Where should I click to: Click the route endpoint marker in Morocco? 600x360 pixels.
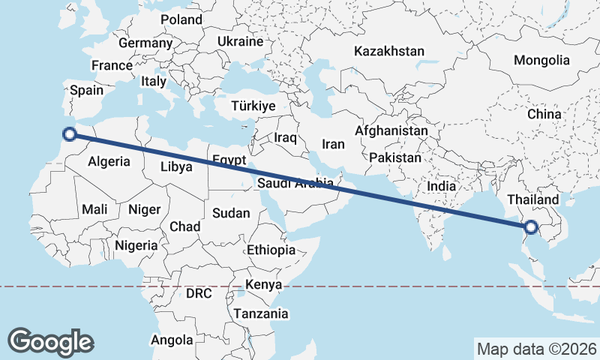pyautogui.click(x=70, y=134)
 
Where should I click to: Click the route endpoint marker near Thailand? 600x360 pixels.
pyautogui.click(x=531, y=227)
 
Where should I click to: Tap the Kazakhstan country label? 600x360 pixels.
pyautogui.click(x=389, y=52)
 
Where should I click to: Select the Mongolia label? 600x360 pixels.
pyautogui.click(x=541, y=60)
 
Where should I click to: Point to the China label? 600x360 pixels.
pyautogui.click(x=544, y=114)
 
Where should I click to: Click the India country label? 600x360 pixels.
pyautogui.click(x=442, y=185)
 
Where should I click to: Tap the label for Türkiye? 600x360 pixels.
pyautogui.click(x=253, y=106)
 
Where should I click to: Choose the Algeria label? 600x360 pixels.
pyautogui.click(x=109, y=160)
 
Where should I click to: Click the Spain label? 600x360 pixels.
pyautogui.click(x=86, y=90)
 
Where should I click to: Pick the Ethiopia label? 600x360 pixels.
pyautogui.click(x=271, y=250)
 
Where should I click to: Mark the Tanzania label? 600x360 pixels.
pyautogui.click(x=260, y=313)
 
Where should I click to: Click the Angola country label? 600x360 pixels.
pyautogui.click(x=172, y=340)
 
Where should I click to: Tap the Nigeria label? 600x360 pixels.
pyautogui.click(x=136, y=244)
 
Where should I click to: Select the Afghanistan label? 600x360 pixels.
pyautogui.click(x=391, y=130)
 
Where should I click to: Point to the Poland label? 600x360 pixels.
pyautogui.click(x=181, y=19)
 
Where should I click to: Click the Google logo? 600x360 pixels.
pyautogui.click(x=50, y=342)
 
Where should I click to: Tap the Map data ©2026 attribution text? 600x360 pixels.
pyautogui.click(x=536, y=349)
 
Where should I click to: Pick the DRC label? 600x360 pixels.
pyautogui.click(x=199, y=292)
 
